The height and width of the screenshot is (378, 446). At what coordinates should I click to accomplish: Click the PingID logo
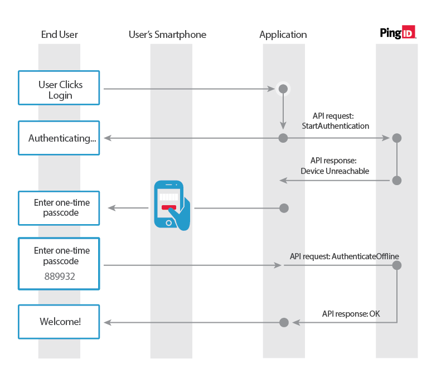click(397, 33)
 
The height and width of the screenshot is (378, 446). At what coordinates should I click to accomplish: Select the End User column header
click(60, 35)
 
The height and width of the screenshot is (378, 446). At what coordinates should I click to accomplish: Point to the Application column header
click(283, 35)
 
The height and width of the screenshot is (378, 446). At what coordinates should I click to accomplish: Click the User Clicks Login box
click(59, 88)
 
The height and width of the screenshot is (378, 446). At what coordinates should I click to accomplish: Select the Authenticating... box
click(59, 138)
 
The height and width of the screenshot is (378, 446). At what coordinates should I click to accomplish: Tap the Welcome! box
click(59, 322)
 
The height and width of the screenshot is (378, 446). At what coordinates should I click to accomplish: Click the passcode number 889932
click(59, 276)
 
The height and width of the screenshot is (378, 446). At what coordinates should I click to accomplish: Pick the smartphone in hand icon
click(171, 204)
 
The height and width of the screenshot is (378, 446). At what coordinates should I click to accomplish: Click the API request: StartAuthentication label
click(334, 121)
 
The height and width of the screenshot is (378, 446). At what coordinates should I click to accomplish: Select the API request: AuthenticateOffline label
click(344, 256)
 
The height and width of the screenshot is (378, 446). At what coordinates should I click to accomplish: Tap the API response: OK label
click(351, 314)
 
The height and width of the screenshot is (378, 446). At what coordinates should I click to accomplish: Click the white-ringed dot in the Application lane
click(283, 89)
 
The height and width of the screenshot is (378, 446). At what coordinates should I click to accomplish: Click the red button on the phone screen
click(169, 207)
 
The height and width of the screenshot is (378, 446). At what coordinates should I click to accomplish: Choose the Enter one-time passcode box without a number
click(59, 208)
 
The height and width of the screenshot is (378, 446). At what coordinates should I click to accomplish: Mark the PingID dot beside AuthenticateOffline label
click(397, 265)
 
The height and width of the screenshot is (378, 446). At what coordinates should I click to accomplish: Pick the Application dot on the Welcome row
click(283, 322)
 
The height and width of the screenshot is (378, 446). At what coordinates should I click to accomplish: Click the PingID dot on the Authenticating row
click(397, 138)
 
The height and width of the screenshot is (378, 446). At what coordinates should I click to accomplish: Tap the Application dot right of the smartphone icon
click(283, 209)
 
